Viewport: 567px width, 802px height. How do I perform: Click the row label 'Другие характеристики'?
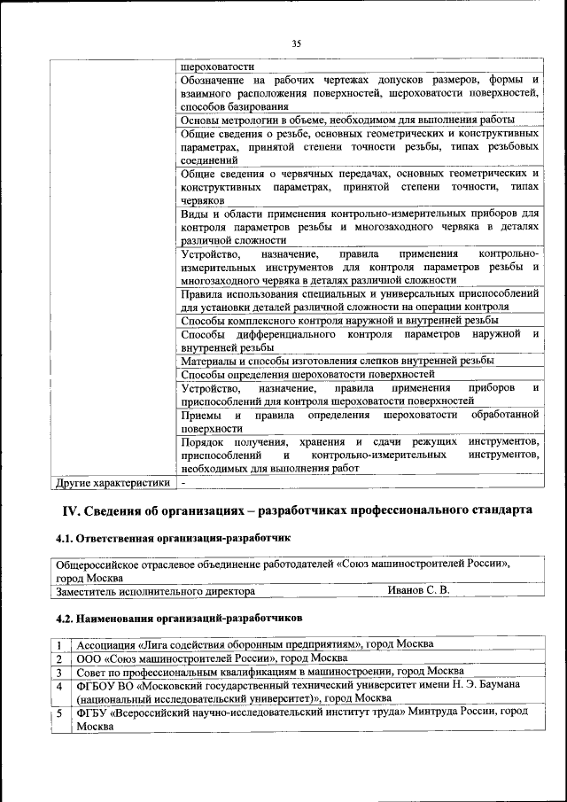(x=113, y=483)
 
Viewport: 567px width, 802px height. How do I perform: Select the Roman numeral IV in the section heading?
(x=69, y=510)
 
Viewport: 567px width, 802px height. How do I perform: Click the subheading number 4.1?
(x=65, y=538)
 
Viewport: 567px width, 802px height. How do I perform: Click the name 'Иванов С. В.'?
(x=419, y=590)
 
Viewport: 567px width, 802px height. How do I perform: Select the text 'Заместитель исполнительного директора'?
(x=156, y=590)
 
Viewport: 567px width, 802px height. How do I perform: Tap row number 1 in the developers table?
(x=58, y=644)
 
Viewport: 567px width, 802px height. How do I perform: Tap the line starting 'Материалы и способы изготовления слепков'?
(x=337, y=361)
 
